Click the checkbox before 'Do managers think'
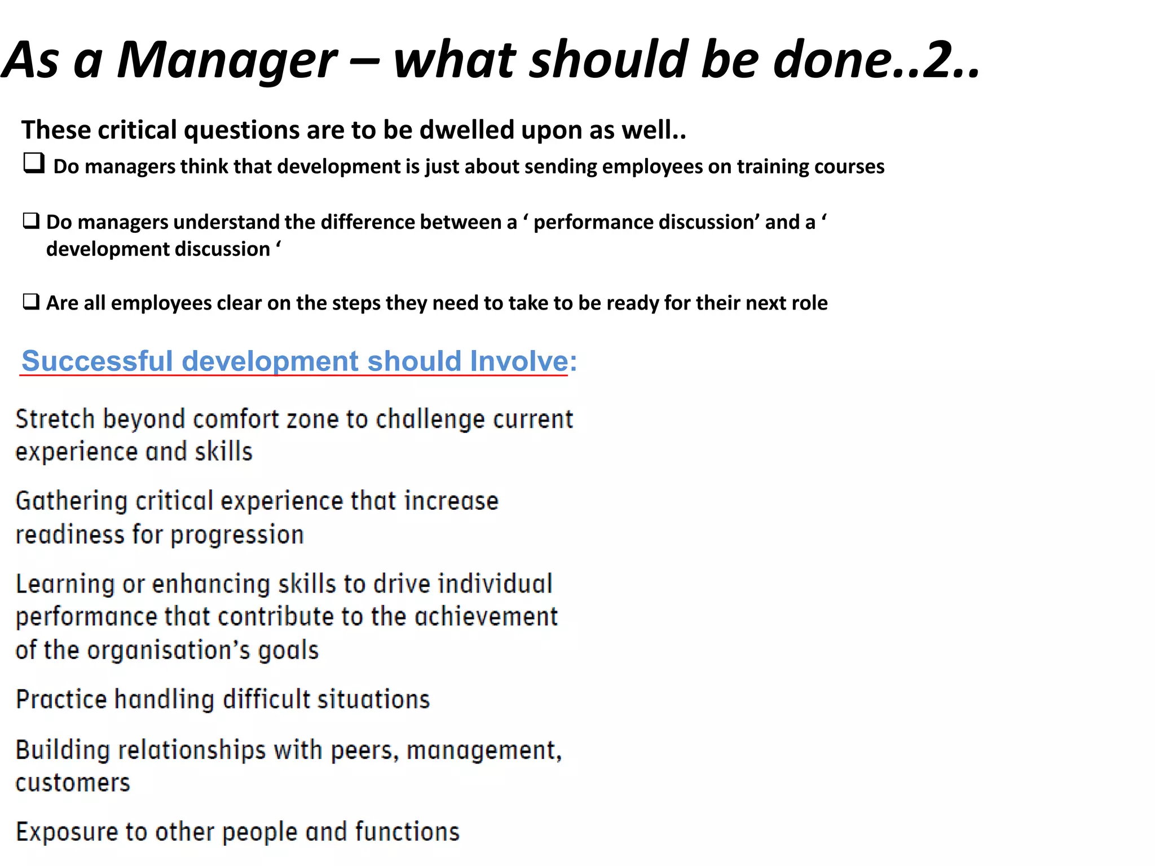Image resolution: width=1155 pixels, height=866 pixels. pyautogui.click(x=34, y=164)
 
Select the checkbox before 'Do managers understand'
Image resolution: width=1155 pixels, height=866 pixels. pyautogui.click(x=31, y=220)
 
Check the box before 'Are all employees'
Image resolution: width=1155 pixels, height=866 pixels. pyautogui.click(x=31, y=302)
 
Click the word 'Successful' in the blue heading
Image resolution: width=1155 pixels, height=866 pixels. pyautogui.click(x=96, y=361)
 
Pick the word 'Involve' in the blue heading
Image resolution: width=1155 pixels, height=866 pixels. pyautogui.click(x=519, y=361)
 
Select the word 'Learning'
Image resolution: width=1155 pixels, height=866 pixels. pyautogui.click(x=65, y=584)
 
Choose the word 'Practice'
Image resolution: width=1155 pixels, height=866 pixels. pyautogui.click(x=61, y=700)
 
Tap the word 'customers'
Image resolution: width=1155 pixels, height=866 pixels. pyautogui.click(x=73, y=783)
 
